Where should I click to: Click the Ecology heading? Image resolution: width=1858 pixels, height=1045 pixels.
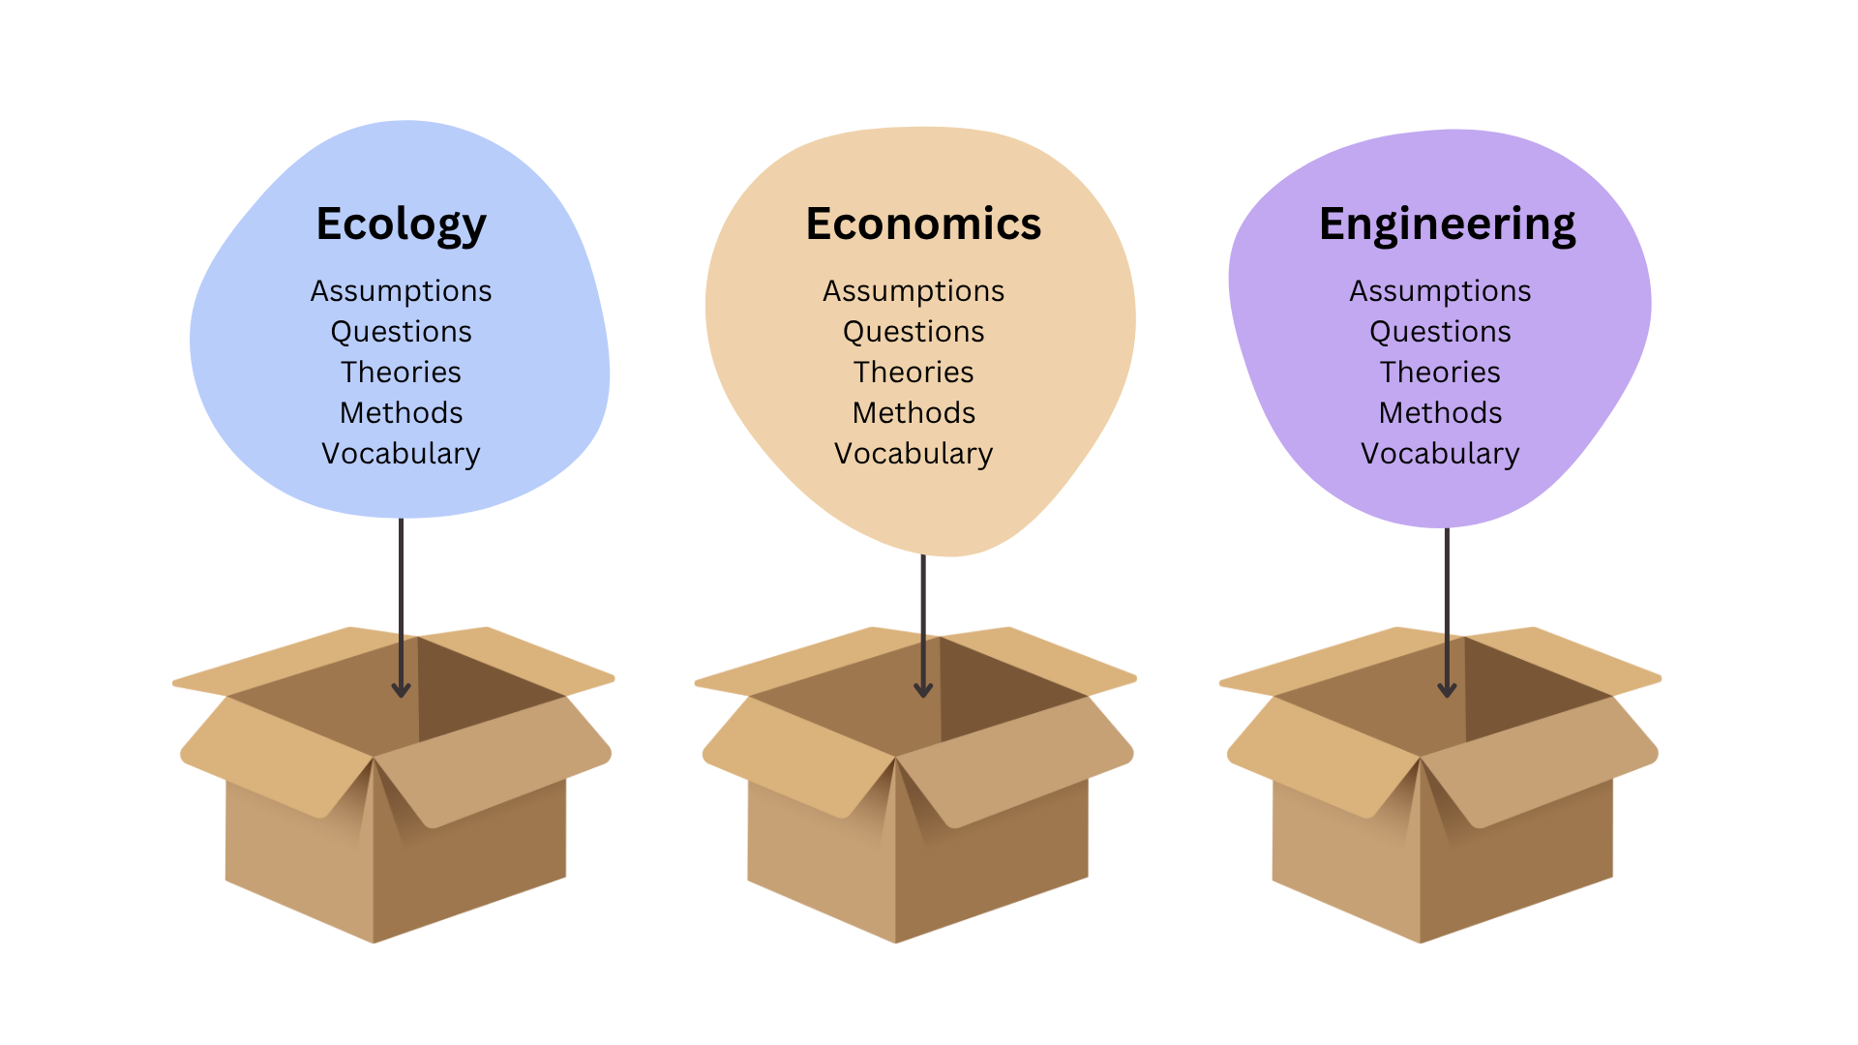(x=401, y=224)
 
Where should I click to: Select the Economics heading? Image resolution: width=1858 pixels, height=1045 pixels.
(x=923, y=224)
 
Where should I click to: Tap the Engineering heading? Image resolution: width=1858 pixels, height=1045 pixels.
(x=1447, y=224)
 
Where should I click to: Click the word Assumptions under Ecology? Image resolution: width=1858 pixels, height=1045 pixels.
(x=401, y=291)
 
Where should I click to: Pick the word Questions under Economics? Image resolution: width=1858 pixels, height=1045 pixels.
(x=914, y=332)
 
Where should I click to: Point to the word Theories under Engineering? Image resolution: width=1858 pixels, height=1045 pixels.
(x=1440, y=373)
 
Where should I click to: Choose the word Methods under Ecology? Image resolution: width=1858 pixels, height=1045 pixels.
(x=401, y=413)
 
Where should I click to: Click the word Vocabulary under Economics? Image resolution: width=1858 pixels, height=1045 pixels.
(x=914, y=454)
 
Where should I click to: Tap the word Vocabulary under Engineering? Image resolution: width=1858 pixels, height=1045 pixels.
(x=1440, y=454)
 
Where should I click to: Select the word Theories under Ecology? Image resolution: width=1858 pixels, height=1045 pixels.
(x=401, y=373)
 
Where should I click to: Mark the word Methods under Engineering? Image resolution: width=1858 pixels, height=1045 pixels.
(x=1440, y=413)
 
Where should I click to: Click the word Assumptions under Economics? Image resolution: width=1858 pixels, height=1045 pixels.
(x=914, y=291)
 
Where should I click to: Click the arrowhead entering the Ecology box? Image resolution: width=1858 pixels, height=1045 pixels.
(x=401, y=689)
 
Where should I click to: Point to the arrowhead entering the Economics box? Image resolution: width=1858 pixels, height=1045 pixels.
(x=923, y=689)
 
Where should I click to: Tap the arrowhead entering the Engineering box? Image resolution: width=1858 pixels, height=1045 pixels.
(x=1447, y=689)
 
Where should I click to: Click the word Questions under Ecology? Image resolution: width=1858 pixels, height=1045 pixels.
(x=401, y=332)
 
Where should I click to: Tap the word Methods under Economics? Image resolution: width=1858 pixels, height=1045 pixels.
(x=914, y=413)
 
